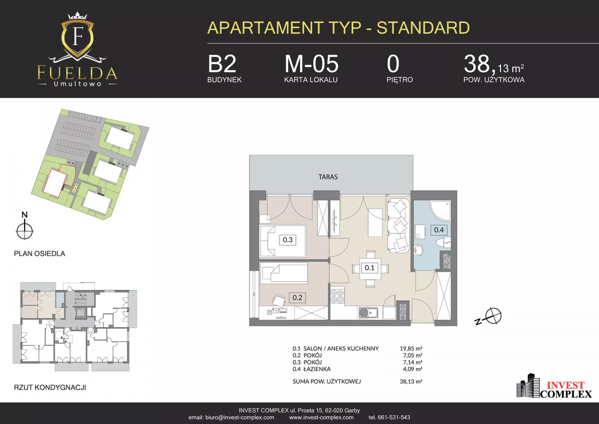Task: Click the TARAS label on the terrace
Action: coord(328,177)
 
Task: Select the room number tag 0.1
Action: coord(370,268)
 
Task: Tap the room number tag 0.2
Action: coord(297,297)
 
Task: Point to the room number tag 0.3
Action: coord(288,240)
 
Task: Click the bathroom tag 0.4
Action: coord(439,230)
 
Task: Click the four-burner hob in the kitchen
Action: coord(337,296)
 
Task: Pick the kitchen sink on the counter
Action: coord(368,313)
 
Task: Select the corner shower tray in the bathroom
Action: coord(441,210)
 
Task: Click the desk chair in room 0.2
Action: coord(279,301)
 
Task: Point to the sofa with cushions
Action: coord(398,226)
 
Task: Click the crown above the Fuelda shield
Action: coord(77,16)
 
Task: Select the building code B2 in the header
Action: coord(222,64)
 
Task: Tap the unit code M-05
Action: coord(311,64)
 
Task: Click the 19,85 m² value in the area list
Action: coord(411,348)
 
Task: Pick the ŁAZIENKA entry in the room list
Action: coord(317,369)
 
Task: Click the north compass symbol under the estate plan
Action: coord(25,231)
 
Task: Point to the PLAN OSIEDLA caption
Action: coord(40,254)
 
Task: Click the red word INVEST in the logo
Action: coord(565,385)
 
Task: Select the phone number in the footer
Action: coord(389,417)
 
